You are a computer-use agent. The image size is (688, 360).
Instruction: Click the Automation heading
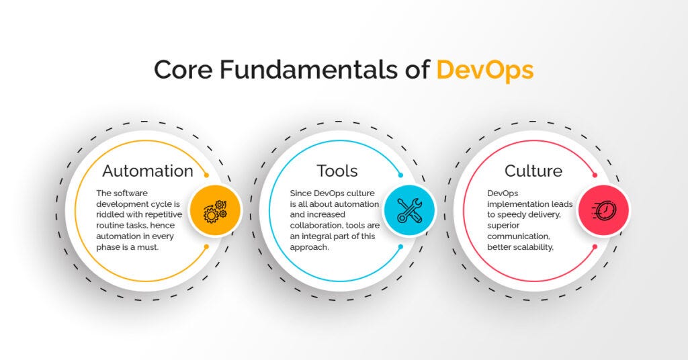click(147, 171)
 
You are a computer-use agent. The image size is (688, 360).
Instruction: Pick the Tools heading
click(337, 171)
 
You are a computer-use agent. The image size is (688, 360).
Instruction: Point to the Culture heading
click(533, 171)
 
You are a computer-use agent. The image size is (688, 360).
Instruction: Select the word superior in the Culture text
click(505, 226)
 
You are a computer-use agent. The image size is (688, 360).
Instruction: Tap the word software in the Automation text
click(133, 193)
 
